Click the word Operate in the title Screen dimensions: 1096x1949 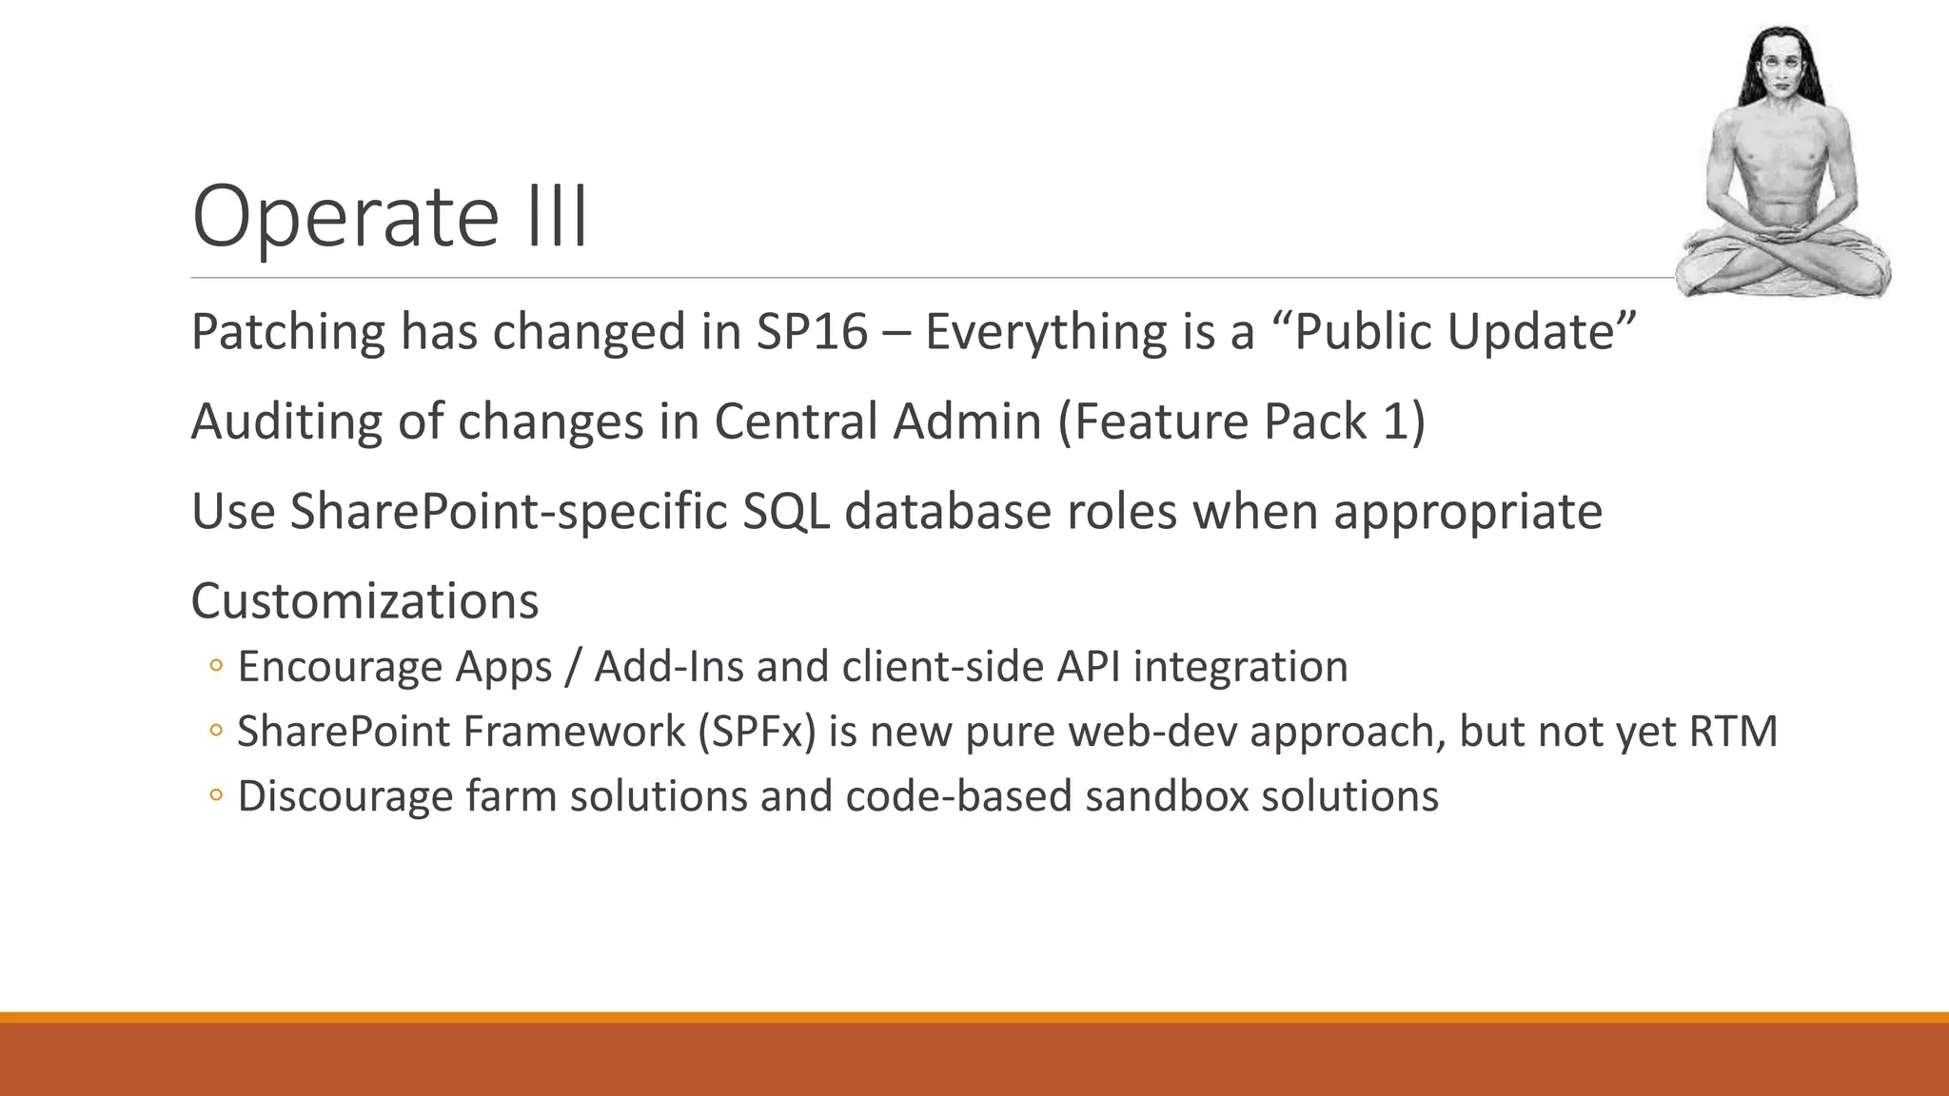pyautogui.click(x=345, y=217)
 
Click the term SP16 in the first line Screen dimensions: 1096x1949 pyautogui.click(x=812, y=332)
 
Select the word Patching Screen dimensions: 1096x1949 pyautogui.click(x=286, y=332)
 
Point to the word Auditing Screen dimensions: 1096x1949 pyautogui.click(x=285, y=421)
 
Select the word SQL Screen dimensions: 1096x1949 pyautogui.click(x=785, y=511)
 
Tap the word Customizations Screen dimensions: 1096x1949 pyautogui.click(x=364, y=601)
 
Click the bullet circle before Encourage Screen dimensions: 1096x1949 pyautogui.click(x=216, y=667)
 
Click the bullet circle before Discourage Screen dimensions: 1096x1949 pyautogui.click(x=216, y=796)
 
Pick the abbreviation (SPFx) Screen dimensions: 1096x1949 pyautogui.click(x=757, y=732)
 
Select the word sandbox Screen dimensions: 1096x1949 pyautogui.click(x=1166, y=796)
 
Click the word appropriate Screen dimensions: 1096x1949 pyautogui.click(x=1467, y=513)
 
